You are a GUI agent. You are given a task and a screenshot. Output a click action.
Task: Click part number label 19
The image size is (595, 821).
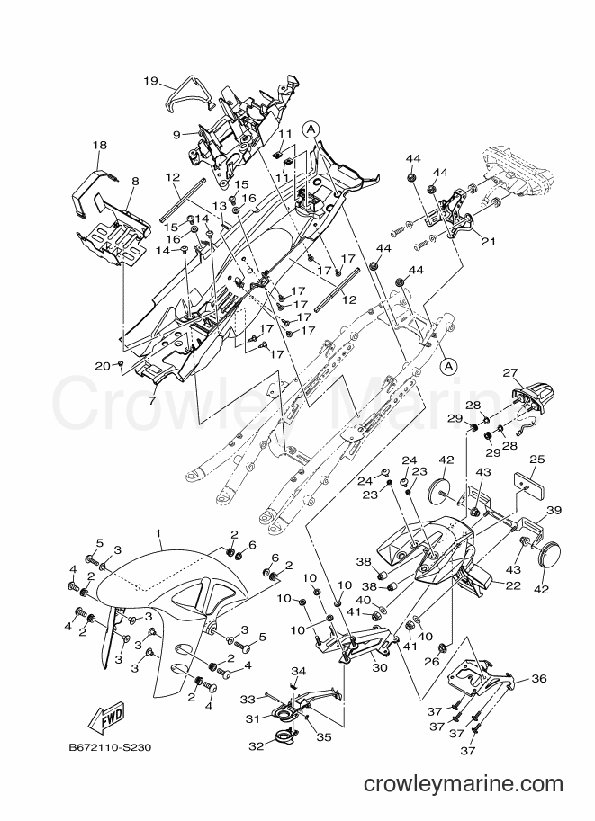pyautogui.click(x=150, y=81)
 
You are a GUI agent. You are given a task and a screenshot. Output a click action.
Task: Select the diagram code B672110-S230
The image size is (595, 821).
pyautogui.click(x=110, y=747)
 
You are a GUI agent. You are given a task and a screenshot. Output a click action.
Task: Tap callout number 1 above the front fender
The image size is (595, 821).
pyautogui.click(x=158, y=532)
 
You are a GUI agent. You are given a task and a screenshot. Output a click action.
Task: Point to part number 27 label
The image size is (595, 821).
pyautogui.click(x=510, y=373)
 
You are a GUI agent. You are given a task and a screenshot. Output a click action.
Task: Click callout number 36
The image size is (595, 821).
pyautogui.click(x=539, y=679)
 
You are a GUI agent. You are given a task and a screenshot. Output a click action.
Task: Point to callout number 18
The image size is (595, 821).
pyautogui.click(x=100, y=145)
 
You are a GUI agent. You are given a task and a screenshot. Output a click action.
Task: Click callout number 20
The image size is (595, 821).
pyautogui.click(x=103, y=366)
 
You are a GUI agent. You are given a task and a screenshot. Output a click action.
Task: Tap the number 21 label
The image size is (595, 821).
pyautogui.click(x=489, y=242)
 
